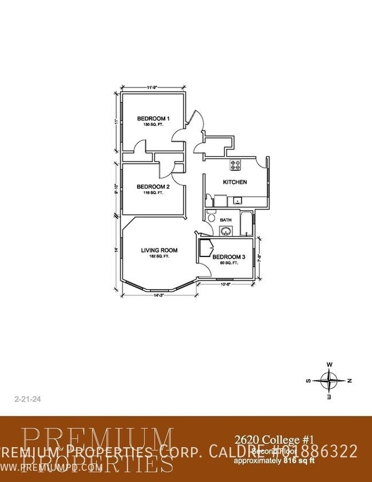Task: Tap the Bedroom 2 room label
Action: pyautogui.click(x=153, y=187)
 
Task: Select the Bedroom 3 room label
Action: pyautogui.click(x=228, y=258)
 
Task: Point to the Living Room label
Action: pyautogui.click(x=159, y=250)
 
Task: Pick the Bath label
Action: pyautogui.click(x=225, y=220)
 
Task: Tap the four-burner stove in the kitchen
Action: pyautogui.click(x=235, y=165)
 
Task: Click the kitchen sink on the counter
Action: pyautogui.click(x=236, y=202)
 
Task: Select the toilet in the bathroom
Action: pyautogui.click(x=211, y=218)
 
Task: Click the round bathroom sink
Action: pyautogui.click(x=226, y=232)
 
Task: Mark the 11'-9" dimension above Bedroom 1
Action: pyautogui.click(x=152, y=88)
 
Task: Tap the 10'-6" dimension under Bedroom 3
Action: pyautogui.click(x=225, y=283)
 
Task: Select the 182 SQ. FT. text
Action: pyautogui.click(x=159, y=256)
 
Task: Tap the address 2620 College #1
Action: pyautogui.click(x=274, y=440)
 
